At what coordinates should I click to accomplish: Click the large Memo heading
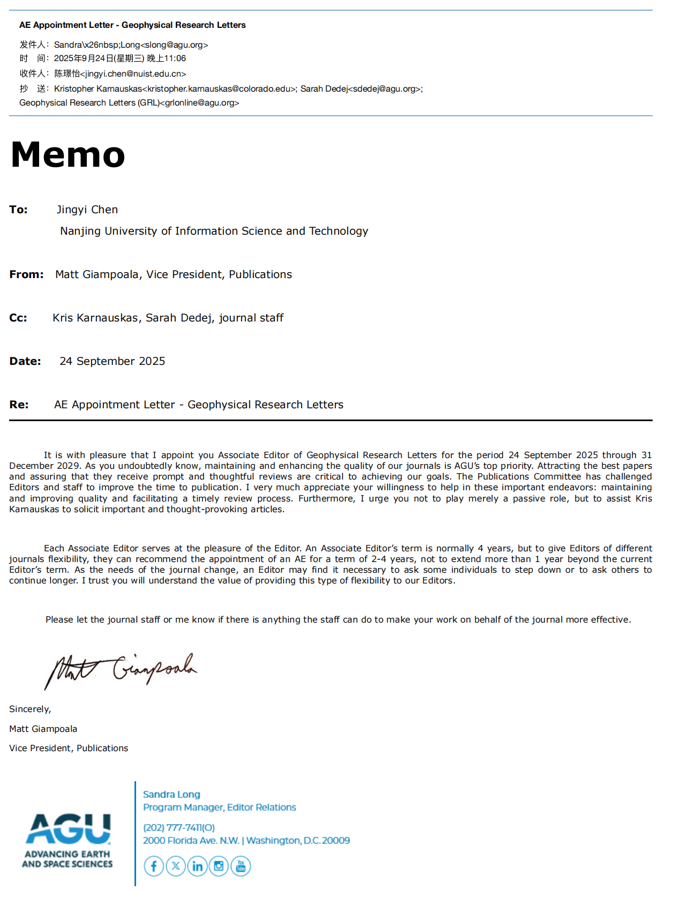(68, 154)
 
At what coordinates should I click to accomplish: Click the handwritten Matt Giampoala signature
(121, 670)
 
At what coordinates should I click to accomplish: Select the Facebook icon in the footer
(154, 866)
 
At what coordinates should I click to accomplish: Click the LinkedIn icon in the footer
(197, 866)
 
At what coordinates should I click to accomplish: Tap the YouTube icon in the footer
(241, 866)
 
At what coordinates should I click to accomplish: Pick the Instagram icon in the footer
(219, 866)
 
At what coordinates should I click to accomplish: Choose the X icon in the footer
(176, 866)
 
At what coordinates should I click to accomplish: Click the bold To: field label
(18, 209)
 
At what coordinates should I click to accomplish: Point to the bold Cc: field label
(18, 318)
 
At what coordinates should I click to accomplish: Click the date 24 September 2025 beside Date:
(113, 361)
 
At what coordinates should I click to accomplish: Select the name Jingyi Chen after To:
(87, 209)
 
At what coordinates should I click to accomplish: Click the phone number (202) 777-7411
(179, 827)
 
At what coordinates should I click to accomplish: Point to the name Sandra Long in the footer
(171, 794)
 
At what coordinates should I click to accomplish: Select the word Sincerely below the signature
(29, 709)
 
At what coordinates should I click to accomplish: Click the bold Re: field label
(19, 405)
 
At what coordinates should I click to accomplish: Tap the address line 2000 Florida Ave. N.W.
(191, 840)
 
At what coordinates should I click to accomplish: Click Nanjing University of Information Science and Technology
(214, 231)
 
